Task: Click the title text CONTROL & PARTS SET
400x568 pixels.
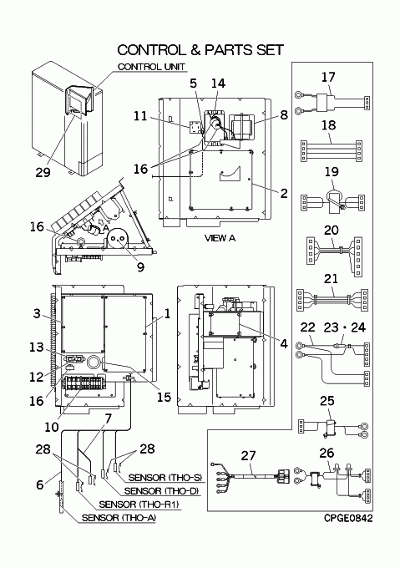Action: [200, 50]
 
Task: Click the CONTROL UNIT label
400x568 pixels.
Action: [151, 67]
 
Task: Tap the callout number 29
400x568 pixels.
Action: [43, 172]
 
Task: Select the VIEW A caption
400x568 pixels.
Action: [220, 238]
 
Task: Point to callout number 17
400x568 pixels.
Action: [328, 77]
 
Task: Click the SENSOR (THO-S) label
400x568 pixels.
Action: [165, 478]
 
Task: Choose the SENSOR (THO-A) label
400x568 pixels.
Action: [119, 518]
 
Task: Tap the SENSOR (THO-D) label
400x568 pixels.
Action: [161, 491]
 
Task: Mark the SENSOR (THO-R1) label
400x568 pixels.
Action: [139, 504]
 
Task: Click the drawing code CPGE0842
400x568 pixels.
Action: [348, 518]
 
